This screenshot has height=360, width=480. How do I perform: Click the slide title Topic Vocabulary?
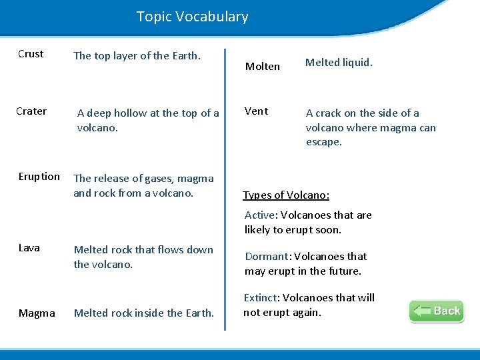(192, 17)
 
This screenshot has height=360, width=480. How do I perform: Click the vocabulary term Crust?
(31, 54)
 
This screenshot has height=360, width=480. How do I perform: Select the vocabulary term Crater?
(31, 111)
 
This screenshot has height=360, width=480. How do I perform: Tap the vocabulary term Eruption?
(39, 177)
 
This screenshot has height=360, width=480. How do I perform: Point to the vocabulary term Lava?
(29, 248)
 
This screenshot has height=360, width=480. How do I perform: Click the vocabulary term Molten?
(263, 66)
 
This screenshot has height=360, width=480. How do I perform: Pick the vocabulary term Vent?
(256, 111)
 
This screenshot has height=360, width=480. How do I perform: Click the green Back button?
(437, 311)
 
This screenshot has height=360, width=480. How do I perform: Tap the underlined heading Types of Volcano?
(286, 195)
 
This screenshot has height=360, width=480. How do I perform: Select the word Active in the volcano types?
(260, 215)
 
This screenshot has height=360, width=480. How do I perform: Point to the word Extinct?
(260, 298)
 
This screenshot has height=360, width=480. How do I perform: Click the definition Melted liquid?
(339, 63)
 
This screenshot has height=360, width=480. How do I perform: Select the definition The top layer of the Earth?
(137, 56)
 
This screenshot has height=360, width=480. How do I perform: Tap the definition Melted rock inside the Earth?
(144, 313)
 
